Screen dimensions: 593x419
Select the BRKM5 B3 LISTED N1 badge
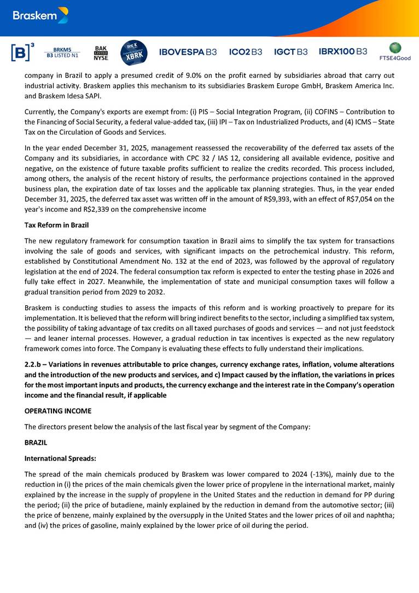tap(61, 52)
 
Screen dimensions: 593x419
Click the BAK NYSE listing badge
tap(101, 52)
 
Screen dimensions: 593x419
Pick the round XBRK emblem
tap(133, 53)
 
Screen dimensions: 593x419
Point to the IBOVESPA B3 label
tap(188, 52)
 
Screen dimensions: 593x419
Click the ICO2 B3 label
tap(246, 52)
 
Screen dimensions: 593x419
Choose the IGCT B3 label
tap(290, 52)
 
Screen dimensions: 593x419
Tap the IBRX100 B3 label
tap(343, 51)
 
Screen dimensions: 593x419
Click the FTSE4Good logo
tap(394, 51)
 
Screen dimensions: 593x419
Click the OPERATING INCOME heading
tap(58, 410)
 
